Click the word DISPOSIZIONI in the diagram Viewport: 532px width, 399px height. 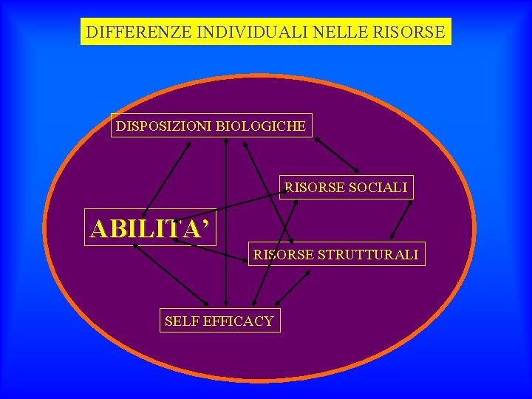coord(163,126)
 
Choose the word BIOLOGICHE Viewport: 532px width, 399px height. coord(261,126)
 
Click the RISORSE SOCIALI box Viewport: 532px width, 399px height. coord(346,188)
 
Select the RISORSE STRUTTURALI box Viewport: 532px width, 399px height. coord(336,255)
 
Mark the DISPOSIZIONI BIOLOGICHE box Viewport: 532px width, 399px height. coord(211,126)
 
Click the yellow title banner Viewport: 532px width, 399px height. coord(265,33)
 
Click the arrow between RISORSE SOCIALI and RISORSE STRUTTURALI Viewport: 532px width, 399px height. coord(402,219)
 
